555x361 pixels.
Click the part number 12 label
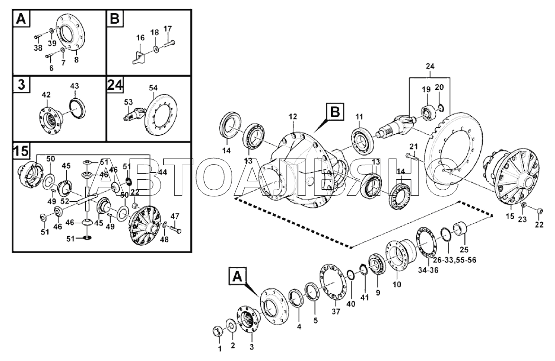point(293,116)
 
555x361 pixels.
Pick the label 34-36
point(428,271)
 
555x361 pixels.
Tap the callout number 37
point(336,311)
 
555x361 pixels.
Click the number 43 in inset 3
point(74,86)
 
